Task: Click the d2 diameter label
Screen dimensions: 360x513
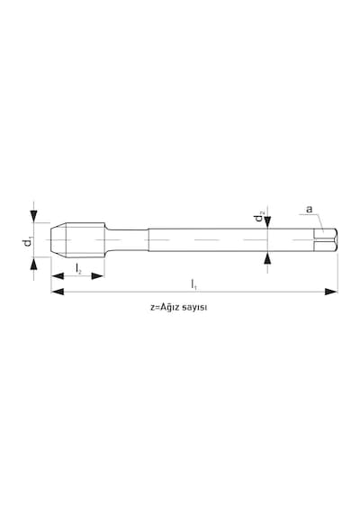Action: click(x=260, y=217)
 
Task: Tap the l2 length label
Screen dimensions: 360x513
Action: click(x=78, y=269)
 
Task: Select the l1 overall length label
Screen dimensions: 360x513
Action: click(x=194, y=284)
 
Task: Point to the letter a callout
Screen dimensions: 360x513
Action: click(x=310, y=209)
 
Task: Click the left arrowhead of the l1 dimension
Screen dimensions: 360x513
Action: click(x=58, y=292)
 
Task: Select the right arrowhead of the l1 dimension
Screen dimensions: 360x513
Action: click(x=331, y=292)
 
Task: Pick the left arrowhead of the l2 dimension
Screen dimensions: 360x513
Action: click(x=58, y=276)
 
